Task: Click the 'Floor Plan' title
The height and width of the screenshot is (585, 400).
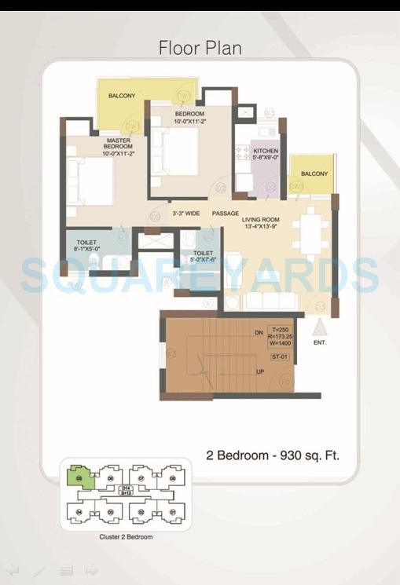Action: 200,48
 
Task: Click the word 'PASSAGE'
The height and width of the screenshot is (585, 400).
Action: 225,212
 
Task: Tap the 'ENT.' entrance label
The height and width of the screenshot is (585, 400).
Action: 319,343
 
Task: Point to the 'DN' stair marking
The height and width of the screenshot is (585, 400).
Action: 258,333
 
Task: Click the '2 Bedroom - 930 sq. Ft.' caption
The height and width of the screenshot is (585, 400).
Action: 273,455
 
